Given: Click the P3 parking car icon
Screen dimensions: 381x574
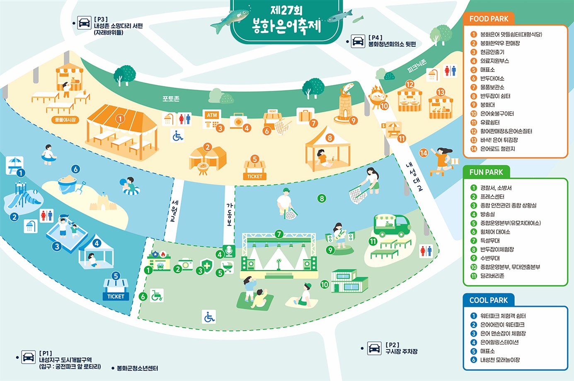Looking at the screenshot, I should (84, 23).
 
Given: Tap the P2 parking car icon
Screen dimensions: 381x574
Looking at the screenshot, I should (374, 348).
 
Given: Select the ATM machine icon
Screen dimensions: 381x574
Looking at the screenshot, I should (212, 118).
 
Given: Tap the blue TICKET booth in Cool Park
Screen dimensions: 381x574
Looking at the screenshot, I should (116, 289).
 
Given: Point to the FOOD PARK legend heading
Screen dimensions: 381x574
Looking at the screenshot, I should (489, 19).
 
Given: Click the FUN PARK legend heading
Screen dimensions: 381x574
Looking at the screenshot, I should (486, 172).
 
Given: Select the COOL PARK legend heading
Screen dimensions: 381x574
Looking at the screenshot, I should (488, 300).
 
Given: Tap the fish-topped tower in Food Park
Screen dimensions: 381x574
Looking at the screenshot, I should (345, 104).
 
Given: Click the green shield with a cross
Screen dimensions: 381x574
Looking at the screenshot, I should (207, 267).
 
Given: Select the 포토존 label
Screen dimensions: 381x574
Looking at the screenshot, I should (171, 99).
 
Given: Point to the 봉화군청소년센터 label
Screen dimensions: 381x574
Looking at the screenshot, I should (137, 368).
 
